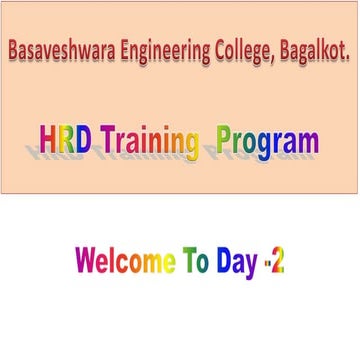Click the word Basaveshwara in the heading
coord(62,51)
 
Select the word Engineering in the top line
coord(165,53)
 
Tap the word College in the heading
coord(245,53)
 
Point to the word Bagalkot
coord(315,51)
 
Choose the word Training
coord(149,143)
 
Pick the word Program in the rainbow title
coord(268,143)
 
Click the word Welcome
coord(125,260)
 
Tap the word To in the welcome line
coord(196,260)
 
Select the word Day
coord(237,263)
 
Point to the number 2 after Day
coord(278,260)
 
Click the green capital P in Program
coord(224,140)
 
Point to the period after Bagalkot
coord(348,59)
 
